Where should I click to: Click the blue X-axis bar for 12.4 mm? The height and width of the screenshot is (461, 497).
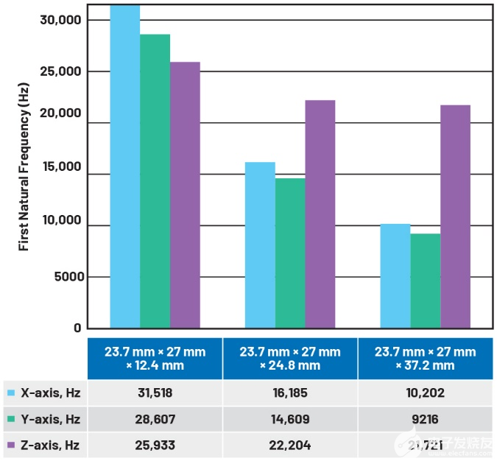coord(125,166)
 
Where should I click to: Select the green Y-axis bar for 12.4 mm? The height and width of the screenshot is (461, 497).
coord(155,180)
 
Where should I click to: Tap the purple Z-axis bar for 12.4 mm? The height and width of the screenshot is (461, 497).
coord(185,195)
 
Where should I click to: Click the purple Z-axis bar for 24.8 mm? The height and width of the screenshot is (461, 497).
coord(320,214)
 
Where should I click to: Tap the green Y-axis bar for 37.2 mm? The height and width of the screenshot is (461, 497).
coord(426,281)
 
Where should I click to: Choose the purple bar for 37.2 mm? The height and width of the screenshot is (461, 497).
coord(455,217)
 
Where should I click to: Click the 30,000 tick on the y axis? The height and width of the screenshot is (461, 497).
coord(59,20)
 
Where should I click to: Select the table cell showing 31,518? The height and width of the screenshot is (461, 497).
coord(155,393)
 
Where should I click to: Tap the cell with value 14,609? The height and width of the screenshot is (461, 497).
coord(290,419)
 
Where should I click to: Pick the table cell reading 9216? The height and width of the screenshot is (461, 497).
coord(426,419)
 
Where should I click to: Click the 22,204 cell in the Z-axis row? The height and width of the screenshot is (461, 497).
coord(290,445)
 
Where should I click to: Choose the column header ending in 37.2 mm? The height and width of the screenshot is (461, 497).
coord(426,359)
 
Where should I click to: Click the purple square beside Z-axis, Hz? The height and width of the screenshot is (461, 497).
coord(10,445)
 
